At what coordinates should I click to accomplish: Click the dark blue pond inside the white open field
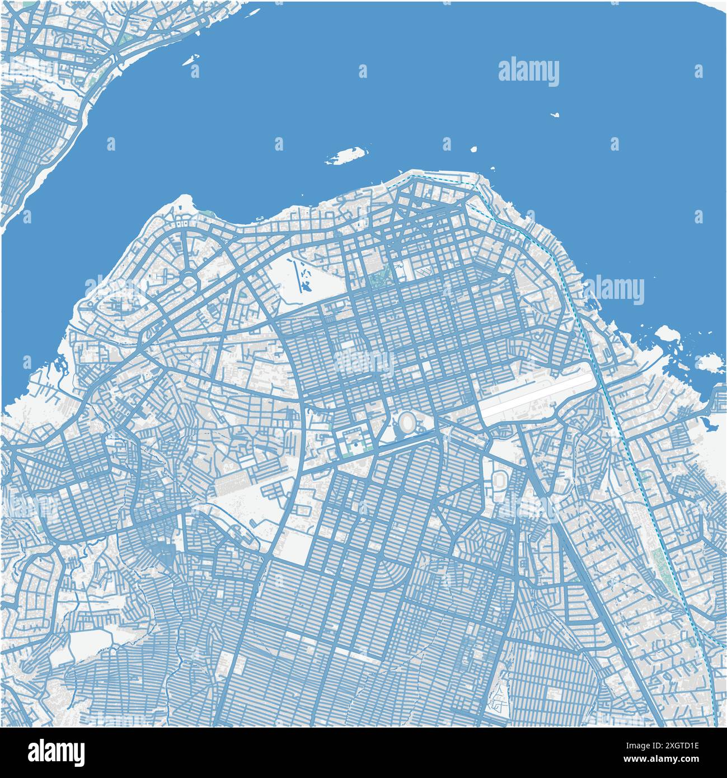click(x=306, y=287)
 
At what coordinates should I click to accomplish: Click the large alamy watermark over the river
click(x=528, y=73)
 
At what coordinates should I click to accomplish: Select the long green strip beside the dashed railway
click(x=659, y=565)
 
